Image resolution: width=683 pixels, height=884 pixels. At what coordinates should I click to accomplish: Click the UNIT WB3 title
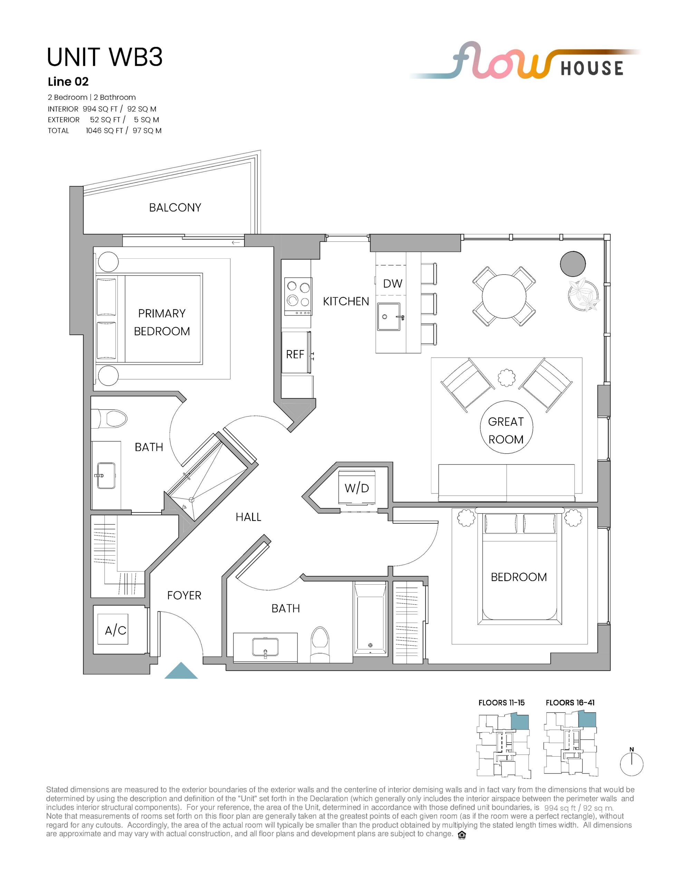[x=105, y=57]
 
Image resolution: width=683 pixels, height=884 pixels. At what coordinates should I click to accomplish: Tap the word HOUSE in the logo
[x=591, y=68]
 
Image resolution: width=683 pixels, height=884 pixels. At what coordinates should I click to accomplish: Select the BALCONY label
[x=175, y=208]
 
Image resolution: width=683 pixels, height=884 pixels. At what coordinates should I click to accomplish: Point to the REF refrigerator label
[x=295, y=355]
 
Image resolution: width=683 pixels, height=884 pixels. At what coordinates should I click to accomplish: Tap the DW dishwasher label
[x=393, y=284]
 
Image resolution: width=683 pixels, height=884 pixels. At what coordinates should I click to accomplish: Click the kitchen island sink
[x=389, y=317]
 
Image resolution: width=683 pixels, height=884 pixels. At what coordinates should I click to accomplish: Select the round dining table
[x=504, y=296]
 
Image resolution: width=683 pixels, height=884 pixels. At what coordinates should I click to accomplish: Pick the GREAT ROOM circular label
[x=506, y=430]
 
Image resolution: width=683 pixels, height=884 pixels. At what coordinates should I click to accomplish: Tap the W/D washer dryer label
[x=357, y=488]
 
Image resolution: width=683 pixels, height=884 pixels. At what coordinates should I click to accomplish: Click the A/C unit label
[x=115, y=630]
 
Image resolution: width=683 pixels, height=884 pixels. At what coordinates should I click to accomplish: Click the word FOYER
[x=184, y=595]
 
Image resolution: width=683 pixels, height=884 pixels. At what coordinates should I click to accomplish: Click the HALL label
[x=248, y=517]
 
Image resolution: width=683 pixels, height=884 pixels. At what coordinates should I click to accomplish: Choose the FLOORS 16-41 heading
[x=570, y=703]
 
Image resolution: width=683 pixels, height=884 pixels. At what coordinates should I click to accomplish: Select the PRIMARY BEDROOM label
[x=162, y=322]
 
